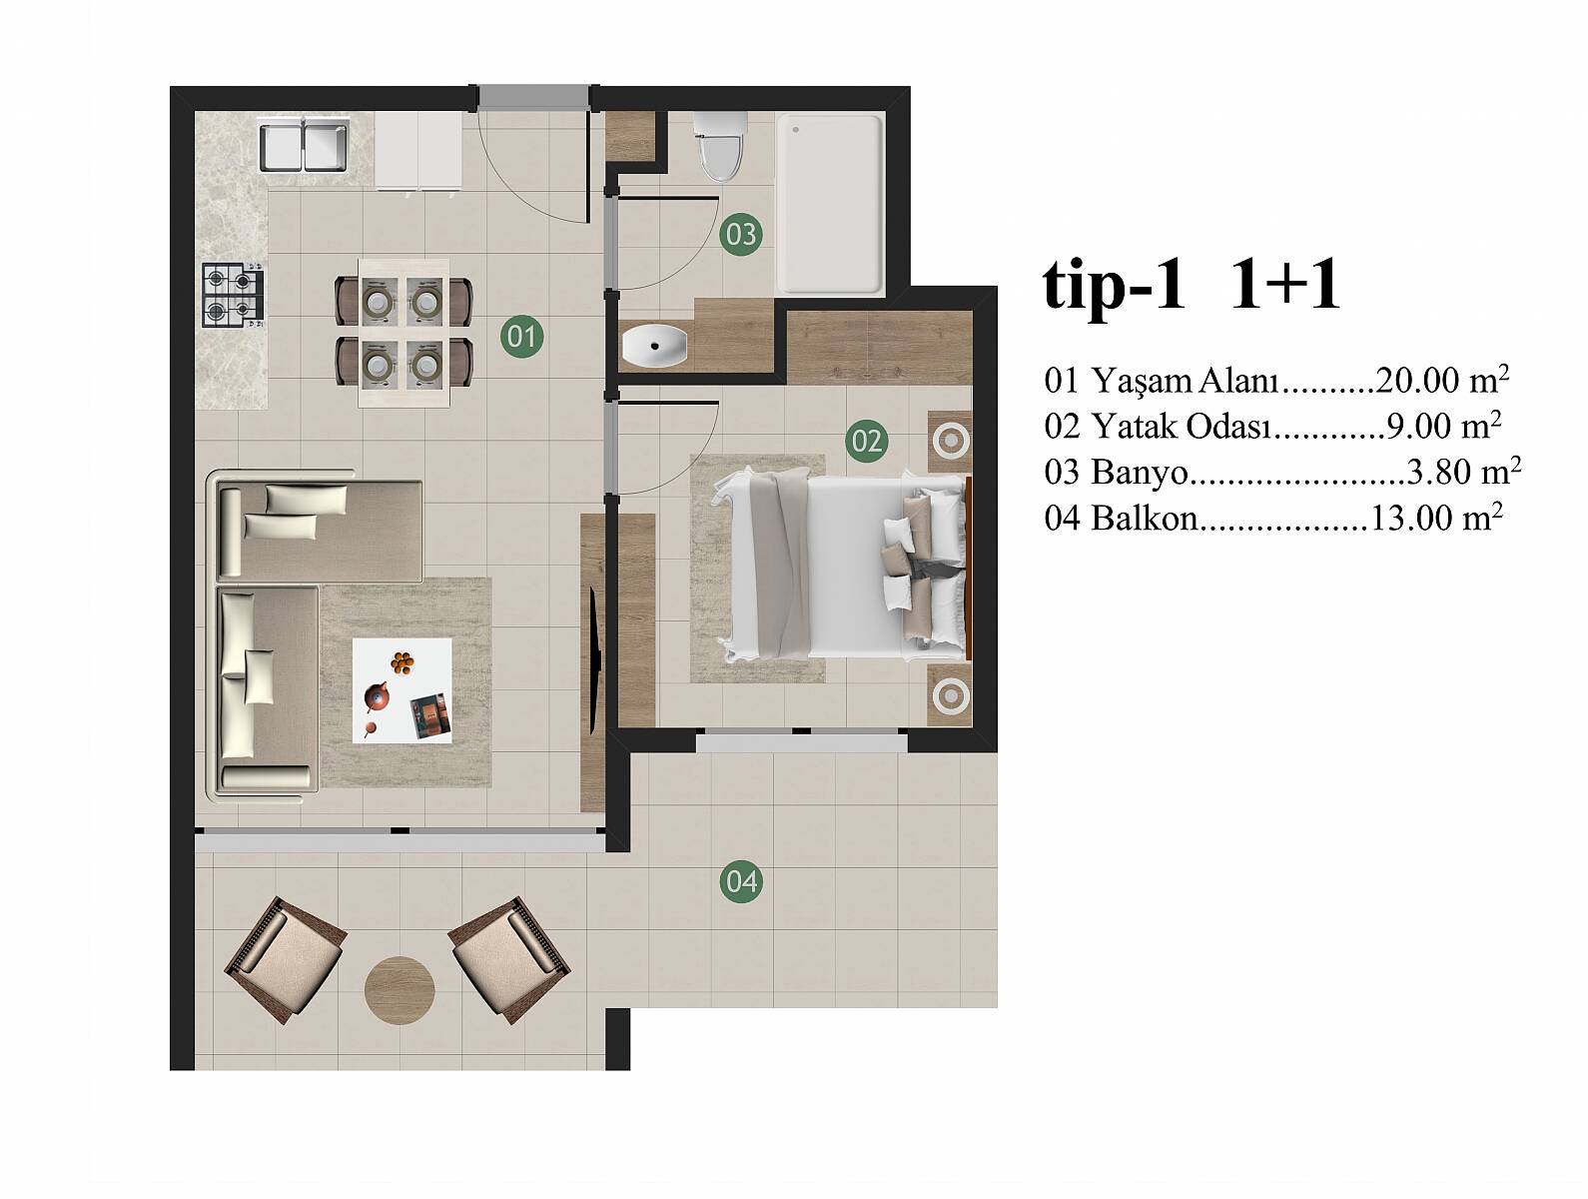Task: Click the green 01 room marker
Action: pyautogui.click(x=521, y=337)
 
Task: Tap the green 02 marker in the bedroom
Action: pyautogui.click(x=867, y=441)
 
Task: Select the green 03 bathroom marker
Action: pyautogui.click(x=741, y=234)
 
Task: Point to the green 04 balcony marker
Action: pyautogui.click(x=741, y=881)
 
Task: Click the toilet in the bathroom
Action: pyautogui.click(x=719, y=146)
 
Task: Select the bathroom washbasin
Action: pyautogui.click(x=654, y=346)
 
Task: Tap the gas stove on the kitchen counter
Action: pyautogui.click(x=233, y=295)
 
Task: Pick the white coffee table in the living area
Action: pyautogui.click(x=402, y=690)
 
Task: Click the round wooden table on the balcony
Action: pyautogui.click(x=399, y=990)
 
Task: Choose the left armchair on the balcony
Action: pyautogui.click(x=285, y=960)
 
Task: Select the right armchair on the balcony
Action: pyautogui.click(x=510, y=960)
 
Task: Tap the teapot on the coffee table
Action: pyautogui.click(x=377, y=697)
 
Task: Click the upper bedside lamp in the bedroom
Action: pyautogui.click(x=950, y=440)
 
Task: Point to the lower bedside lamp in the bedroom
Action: pyautogui.click(x=950, y=696)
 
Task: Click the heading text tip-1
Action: pyautogui.click(x=1115, y=286)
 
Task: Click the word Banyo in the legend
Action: pyautogui.click(x=1140, y=474)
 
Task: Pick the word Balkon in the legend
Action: pyautogui.click(x=1145, y=519)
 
